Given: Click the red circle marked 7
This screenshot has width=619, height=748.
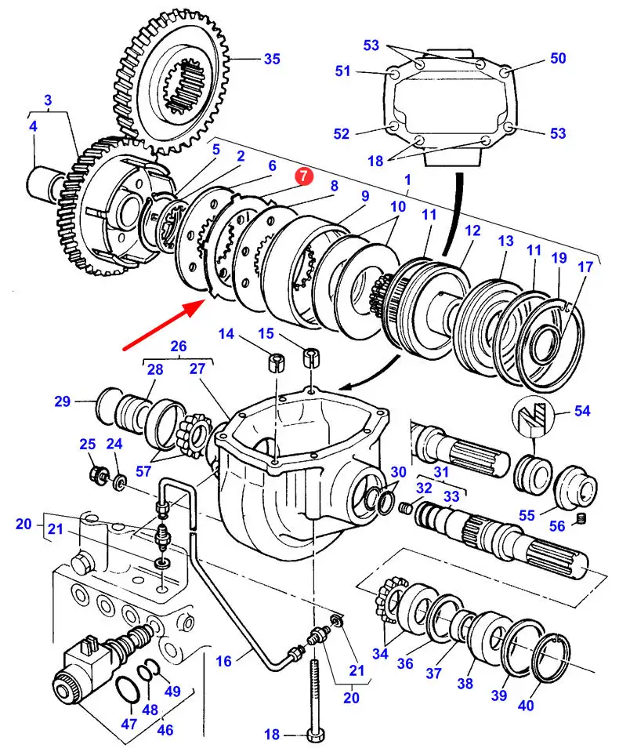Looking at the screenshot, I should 303,177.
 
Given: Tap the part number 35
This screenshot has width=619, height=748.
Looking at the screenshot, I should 271,58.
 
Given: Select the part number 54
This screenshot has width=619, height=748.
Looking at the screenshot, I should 581,410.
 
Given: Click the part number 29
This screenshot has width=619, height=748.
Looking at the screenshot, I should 63,402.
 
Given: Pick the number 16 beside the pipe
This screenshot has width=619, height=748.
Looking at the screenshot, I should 224,662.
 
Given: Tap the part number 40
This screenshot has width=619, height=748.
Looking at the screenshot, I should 525,705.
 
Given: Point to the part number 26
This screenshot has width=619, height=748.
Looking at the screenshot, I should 179,345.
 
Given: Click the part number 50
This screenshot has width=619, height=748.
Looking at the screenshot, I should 557,58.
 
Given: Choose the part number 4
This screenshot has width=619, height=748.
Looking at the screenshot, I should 34,125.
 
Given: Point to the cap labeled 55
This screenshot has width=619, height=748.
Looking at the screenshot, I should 576,491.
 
